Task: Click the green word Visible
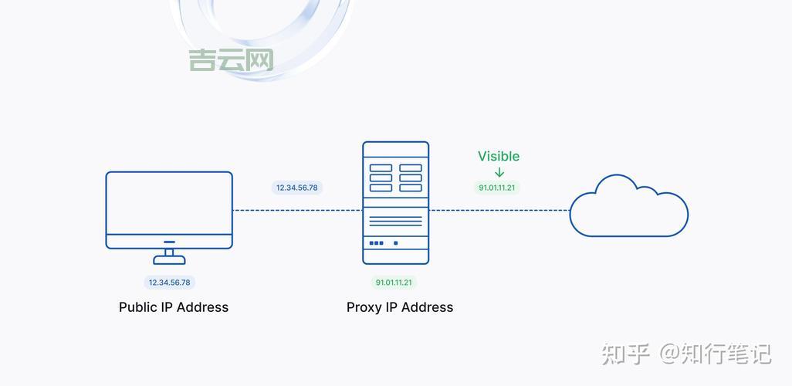click(x=499, y=156)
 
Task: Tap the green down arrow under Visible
click(x=499, y=173)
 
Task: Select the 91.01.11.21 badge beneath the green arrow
click(x=497, y=188)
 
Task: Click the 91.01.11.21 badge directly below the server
click(x=394, y=283)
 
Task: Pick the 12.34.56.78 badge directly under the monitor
click(x=170, y=283)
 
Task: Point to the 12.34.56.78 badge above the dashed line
click(x=297, y=188)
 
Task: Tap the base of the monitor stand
click(x=169, y=261)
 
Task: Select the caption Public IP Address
click(x=174, y=307)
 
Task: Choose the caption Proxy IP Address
click(x=400, y=307)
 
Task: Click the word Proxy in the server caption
click(x=364, y=307)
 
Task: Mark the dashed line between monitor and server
click(x=297, y=210)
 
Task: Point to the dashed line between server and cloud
click(x=499, y=210)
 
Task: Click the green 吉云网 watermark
click(x=231, y=60)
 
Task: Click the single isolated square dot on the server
click(x=396, y=243)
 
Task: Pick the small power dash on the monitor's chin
click(x=169, y=242)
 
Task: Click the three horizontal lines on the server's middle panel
click(x=395, y=220)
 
